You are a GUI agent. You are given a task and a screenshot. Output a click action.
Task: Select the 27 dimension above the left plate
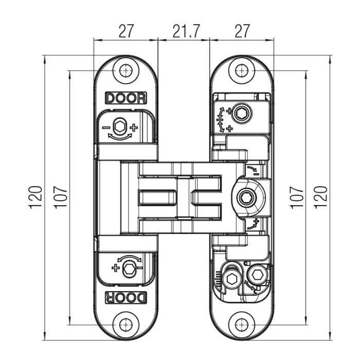(126, 31)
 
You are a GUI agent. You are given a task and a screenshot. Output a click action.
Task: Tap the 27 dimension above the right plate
(241, 31)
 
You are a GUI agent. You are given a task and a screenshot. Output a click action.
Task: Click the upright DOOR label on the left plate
(126, 98)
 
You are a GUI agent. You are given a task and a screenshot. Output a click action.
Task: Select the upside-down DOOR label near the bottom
(126, 297)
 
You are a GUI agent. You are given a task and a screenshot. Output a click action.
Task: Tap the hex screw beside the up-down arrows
(241, 112)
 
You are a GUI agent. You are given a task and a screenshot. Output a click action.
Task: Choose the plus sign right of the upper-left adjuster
(134, 127)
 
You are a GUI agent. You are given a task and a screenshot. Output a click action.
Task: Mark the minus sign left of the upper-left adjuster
(105, 127)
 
